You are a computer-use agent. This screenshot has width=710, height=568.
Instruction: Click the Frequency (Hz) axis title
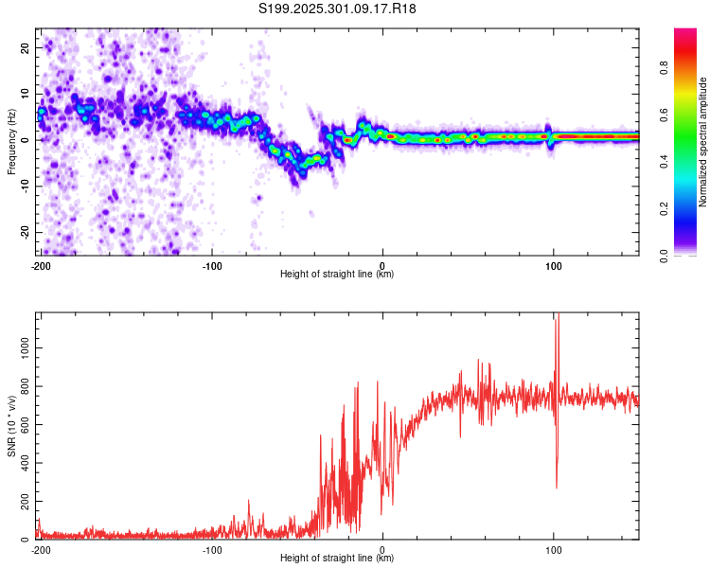point(11,141)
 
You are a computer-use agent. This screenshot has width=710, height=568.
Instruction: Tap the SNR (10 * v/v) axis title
point(11,425)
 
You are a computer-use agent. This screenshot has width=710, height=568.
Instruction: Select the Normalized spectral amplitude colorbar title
point(703,141)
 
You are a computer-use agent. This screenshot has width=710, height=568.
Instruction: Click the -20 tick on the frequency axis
point(24,232)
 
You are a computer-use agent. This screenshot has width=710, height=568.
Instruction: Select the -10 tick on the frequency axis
point(24,186)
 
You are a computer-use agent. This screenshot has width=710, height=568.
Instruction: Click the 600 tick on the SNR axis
point(22,424)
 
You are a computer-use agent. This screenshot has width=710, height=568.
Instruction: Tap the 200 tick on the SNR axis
point(22,501)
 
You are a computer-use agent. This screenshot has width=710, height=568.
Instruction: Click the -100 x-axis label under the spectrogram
point(211,266)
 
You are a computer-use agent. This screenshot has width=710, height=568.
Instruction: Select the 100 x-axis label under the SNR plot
point(554,550)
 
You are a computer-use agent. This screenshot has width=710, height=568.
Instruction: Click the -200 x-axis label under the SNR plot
point(40,550)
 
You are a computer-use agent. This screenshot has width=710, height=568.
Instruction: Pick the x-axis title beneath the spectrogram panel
point(338,275)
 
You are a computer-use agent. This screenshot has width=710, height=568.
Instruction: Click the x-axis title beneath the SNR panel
point(338,559)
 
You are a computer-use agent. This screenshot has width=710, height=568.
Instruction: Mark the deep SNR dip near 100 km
point(557,486)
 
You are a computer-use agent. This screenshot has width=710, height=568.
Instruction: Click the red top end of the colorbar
point(685,32)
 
